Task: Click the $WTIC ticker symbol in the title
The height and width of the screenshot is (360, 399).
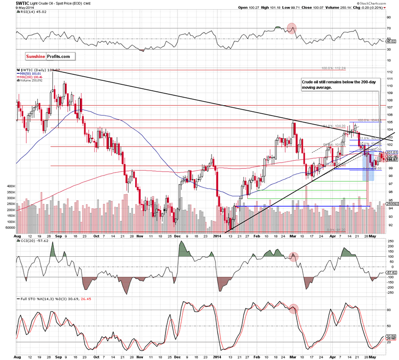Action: pyautogui.click(x=9, y=3)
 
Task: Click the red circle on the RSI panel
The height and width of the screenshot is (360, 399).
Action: pyautogui.click(x=292, y=28)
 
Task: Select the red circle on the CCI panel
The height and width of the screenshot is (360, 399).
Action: pyautogui.click(x=294, y=257)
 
